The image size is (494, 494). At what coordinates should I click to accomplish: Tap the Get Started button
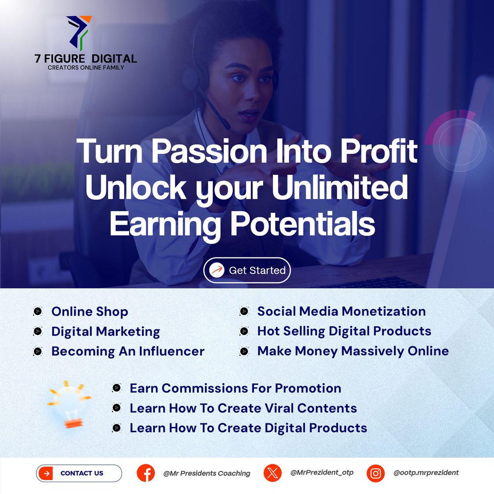point(247,270)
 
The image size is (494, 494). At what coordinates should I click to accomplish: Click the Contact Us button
point(79,473)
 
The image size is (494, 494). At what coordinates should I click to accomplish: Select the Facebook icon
point(146,473)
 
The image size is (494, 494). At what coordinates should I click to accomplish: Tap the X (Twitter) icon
point(272,473)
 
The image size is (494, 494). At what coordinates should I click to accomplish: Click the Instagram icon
point(375,473)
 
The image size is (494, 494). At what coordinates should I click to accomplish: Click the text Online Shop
point(89,312)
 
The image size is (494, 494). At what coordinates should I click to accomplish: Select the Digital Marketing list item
point(105,331)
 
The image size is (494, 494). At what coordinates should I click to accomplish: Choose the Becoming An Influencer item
point(128,351)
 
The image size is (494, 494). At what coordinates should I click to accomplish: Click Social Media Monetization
point(341,311)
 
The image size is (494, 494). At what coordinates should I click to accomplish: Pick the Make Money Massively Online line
point(353,351)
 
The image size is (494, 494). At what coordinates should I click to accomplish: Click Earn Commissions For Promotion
point(235,388)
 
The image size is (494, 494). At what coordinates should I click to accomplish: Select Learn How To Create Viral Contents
point(243,408)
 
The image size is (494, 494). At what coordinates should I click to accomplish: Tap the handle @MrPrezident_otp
point(322,473)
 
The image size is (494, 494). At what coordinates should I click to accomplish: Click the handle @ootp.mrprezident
point(426,473)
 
